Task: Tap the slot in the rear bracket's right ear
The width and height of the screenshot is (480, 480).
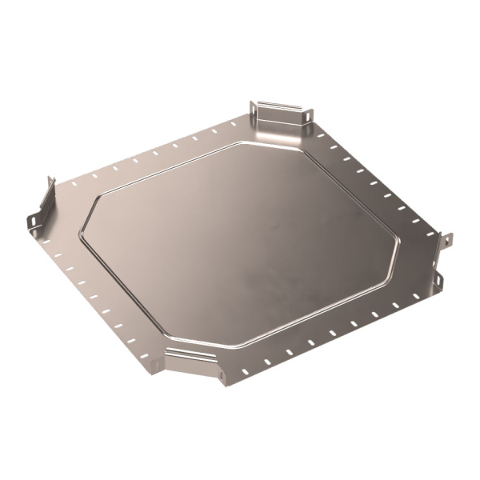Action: (305, 119)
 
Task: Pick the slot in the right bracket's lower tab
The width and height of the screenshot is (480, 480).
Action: (439, 281)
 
